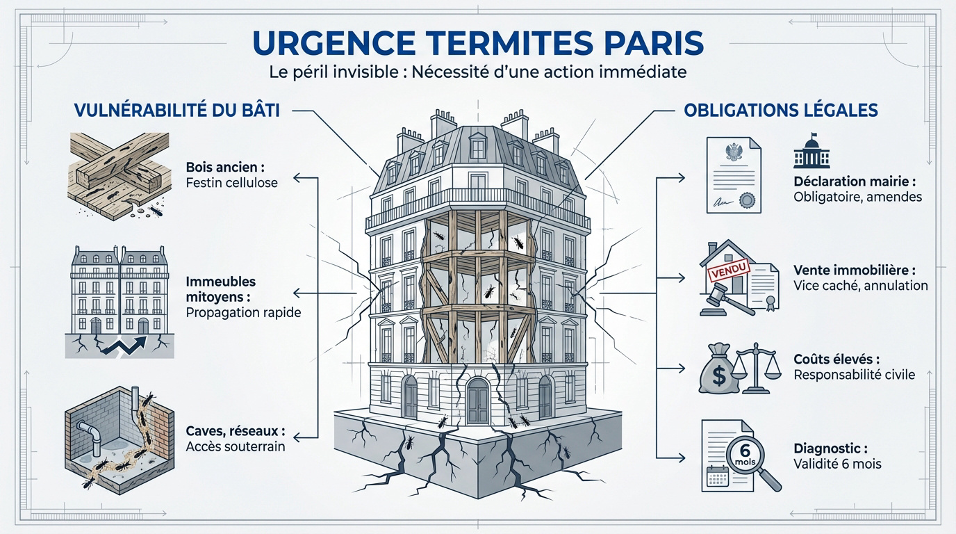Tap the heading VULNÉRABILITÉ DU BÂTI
(x=176, y=111)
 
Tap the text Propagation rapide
(x=243, y=312)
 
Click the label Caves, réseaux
(x=236, y=432)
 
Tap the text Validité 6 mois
(x=837, y=463)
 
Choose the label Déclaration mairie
(x=854, y=181)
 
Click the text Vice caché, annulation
(x=860, y=285)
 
